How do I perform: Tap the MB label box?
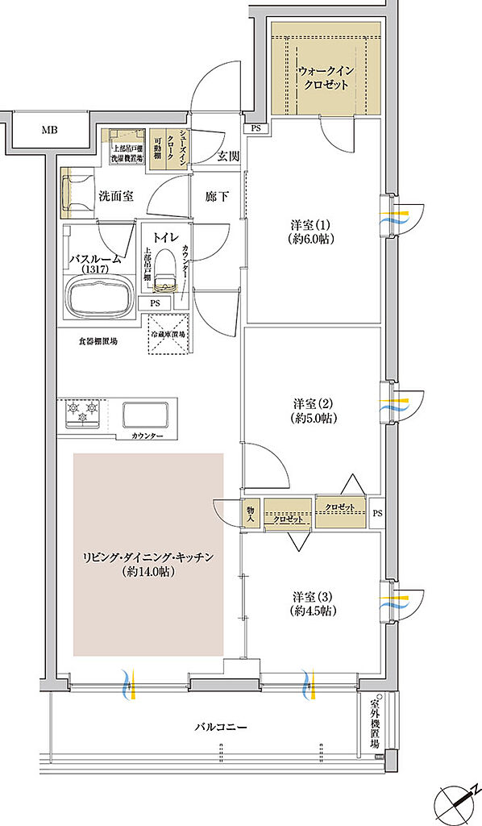tap(49, 129)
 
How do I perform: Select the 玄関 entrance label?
tap(228, 157)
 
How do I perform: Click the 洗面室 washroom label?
tap(117, 195)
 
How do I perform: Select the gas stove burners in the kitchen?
tap(84, 414)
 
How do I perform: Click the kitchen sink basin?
tap(145, 415)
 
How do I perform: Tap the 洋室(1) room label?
tap(314, 231)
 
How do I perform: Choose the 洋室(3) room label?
tap(314, 603)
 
